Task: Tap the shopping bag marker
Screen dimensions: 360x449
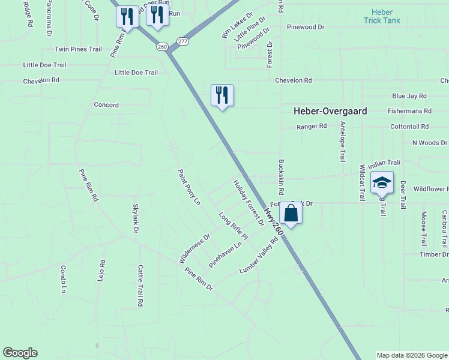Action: pyautogui.click(x=291, y=214)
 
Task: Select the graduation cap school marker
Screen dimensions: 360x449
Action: pyautogui.click(x=382, y=183)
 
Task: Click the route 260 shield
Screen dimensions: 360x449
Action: pyautogui.click(x=161, y=46)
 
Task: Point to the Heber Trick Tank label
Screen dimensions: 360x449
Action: pyautogui.click(x=382, y=16)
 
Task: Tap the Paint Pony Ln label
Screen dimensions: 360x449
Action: pyautogui.click(x=188, y=187)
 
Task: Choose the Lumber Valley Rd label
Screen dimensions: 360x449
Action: pyautogui.click(x=259, y=256)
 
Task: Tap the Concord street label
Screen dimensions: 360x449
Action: pyautogui.click(x=106, y=105)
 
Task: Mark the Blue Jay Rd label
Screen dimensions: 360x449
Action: pyautogui.click(x=409, y=96)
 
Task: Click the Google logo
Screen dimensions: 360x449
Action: pyautogui.click(x=20, y=353)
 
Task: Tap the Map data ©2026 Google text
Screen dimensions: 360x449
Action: pyautogui.click(x=412, y=355)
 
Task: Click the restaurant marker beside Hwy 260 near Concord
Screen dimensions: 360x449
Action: pyautogui.click(x=222, y=95)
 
